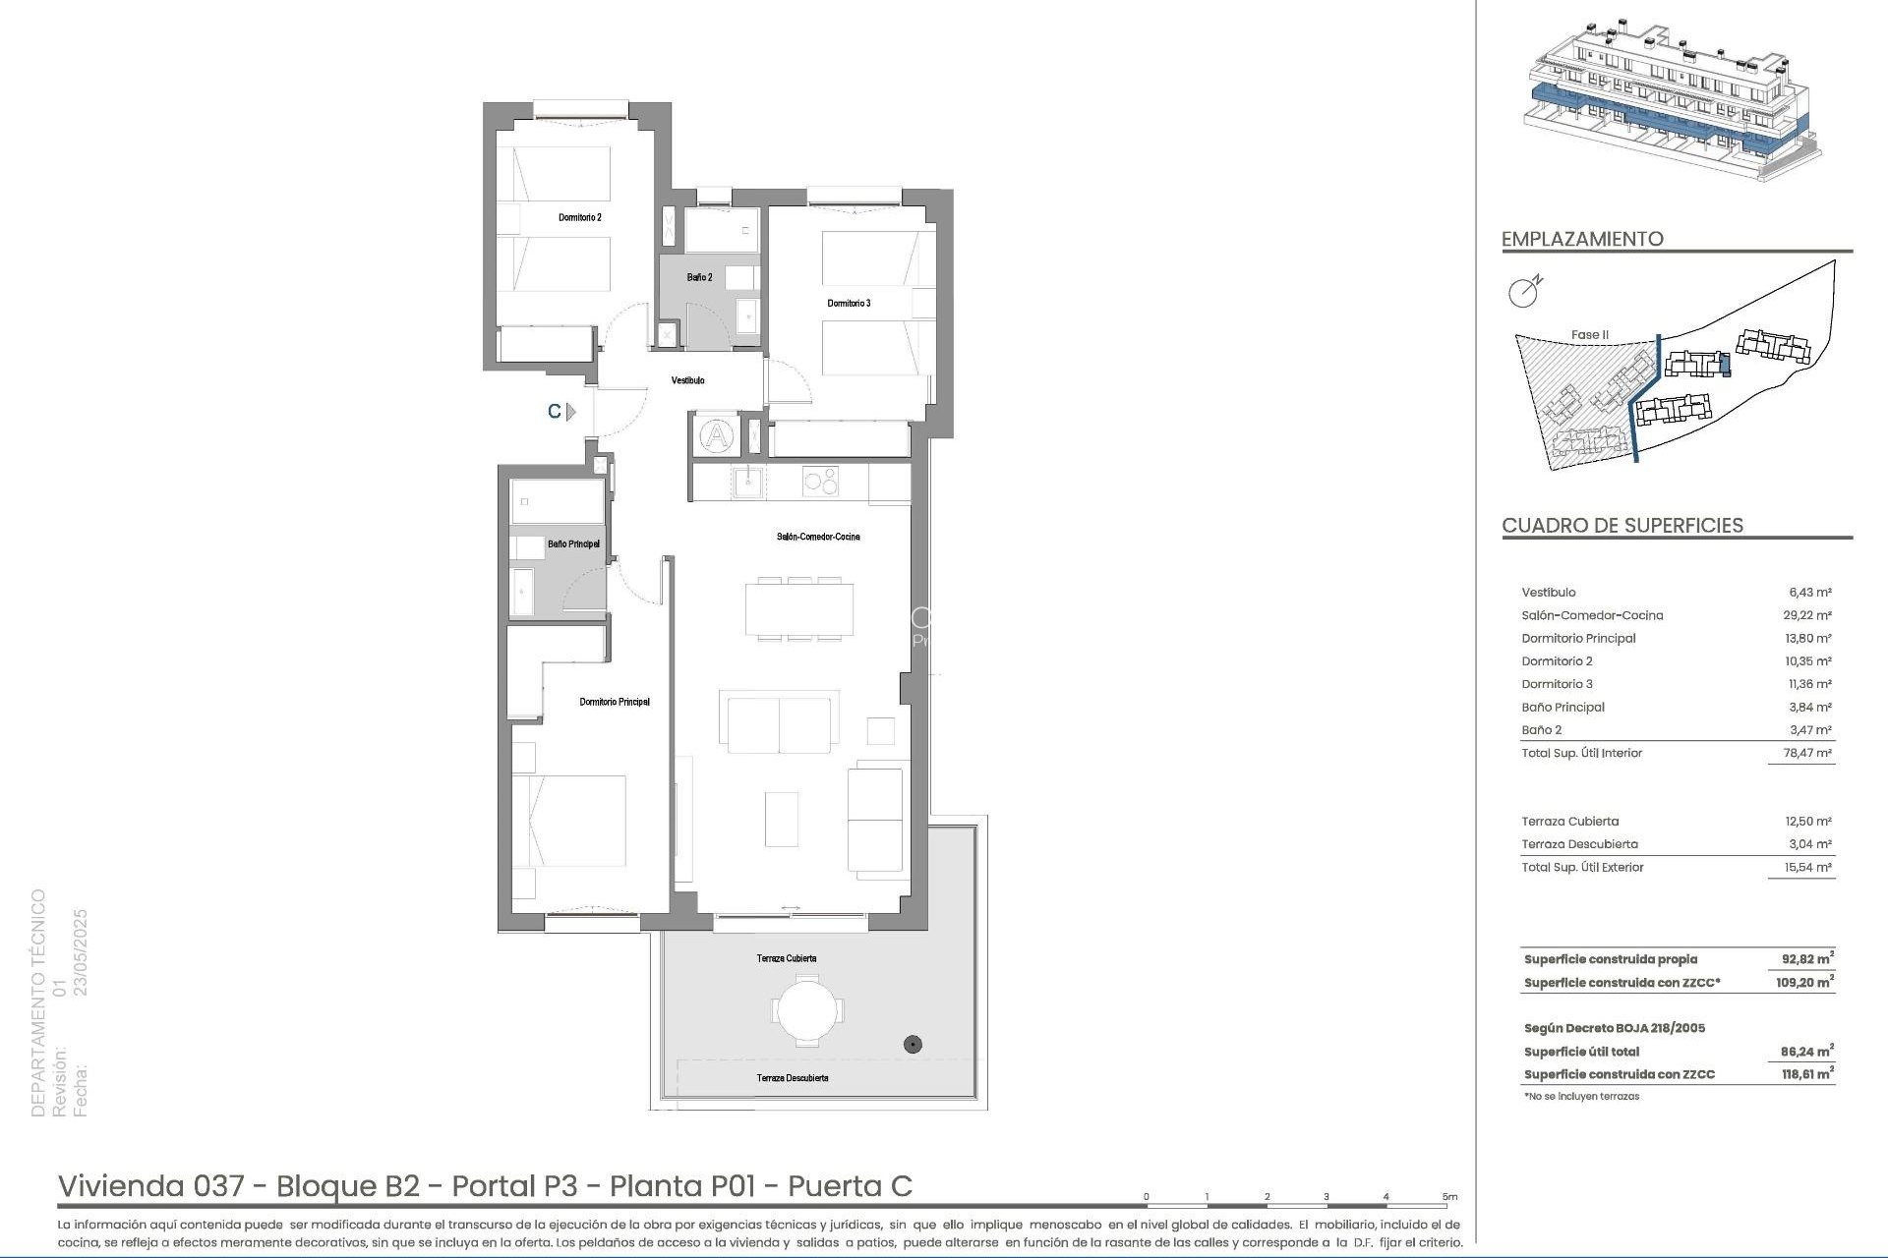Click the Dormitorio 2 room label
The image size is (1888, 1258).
click(579, 217)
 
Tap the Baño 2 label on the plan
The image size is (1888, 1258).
click(699, 277)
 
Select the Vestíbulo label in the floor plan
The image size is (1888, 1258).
click(687, 380)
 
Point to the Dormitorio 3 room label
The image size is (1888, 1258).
click(848, 303)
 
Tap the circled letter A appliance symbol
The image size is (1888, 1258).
click(717, 435)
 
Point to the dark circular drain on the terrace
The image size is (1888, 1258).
click(913, 1045)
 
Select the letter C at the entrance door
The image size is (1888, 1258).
click(555, 412)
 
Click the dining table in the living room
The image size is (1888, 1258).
click(798, 609)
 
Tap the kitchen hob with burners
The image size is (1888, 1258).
click(821, 481)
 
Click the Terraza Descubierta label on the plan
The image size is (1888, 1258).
click(792, 1078)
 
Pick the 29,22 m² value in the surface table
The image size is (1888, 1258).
click(1809, 615)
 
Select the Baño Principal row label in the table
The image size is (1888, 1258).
click(1563, 707)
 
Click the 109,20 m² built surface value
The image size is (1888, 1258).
click(1804, 982)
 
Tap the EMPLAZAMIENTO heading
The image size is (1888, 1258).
click(1582, 239)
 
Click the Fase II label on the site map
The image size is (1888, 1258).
click(1589, 335)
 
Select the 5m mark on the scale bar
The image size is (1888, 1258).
click(1449, 1197)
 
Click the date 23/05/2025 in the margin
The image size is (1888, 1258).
click(82, 952)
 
